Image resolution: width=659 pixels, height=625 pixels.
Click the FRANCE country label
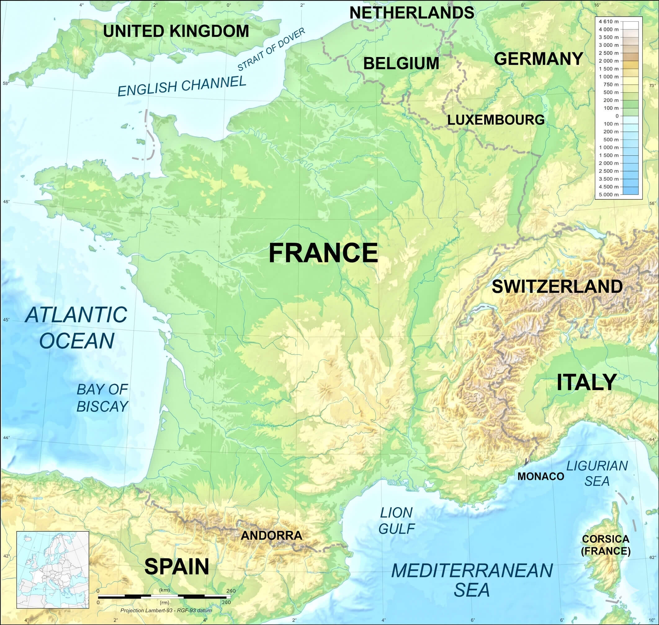[x=323, y=253]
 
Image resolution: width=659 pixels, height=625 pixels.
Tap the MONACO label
[x=540, y=477]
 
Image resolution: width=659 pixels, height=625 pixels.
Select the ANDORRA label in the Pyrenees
[x=271, y=535]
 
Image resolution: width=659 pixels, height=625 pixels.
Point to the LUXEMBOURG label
[x=496, y=120]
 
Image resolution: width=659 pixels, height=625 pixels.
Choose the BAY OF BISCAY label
[x=102, y=398]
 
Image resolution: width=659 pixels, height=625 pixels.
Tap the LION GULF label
[x=397, y=521]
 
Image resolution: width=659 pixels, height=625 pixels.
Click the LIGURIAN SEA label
[x=597, y=473]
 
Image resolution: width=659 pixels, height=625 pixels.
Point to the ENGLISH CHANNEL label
[x=182, y=86]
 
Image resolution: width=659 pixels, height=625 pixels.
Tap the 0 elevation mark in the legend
[x=617, y=116]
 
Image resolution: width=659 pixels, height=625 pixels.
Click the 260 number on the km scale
[x=231, y=591]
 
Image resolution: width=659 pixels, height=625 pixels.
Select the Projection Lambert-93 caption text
[x=166, y=611]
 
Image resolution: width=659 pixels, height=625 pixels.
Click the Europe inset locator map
[x=53, y=570]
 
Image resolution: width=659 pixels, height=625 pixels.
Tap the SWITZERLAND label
[x=557, y=287]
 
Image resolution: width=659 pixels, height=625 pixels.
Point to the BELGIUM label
[x=401, y=63]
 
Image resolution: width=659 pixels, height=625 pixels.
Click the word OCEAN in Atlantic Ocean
[x=77, y=341]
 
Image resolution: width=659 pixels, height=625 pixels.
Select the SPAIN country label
[x=176, y=567]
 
